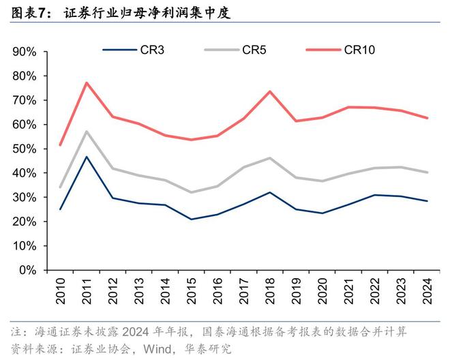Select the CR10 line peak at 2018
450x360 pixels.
point(270,91)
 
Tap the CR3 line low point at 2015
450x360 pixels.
point(191,219)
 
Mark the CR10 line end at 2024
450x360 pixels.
point(427,118)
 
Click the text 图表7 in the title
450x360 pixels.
point(29,12)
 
